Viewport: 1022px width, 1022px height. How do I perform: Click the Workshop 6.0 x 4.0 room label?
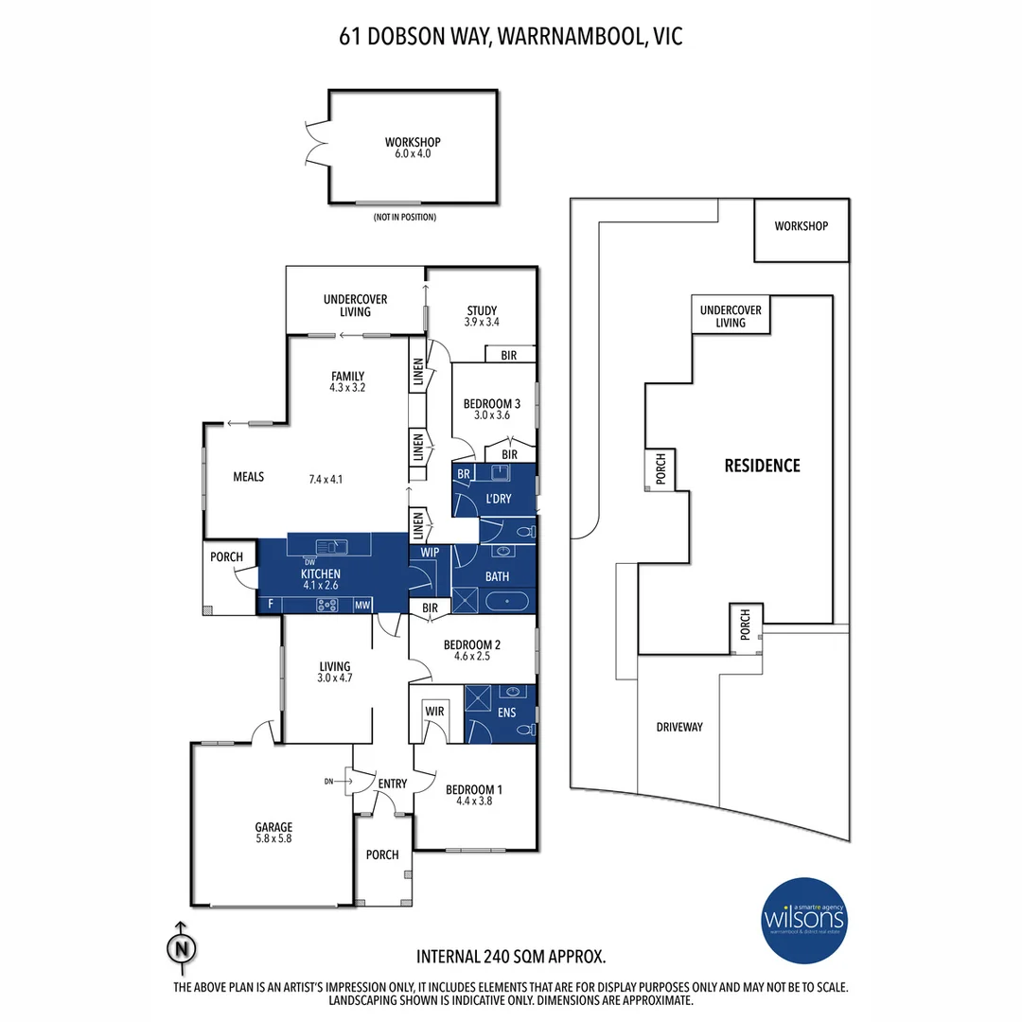tap(414, 147)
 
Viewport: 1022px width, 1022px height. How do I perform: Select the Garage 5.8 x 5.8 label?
tap(273, 832)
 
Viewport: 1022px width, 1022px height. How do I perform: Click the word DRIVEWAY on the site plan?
tap(679, 727)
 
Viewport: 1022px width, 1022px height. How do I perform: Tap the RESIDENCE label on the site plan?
tap(762, 466)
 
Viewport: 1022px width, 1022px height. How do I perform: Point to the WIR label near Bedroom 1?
tap(435, 709)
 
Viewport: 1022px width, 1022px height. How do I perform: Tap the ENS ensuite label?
tap(505, 713)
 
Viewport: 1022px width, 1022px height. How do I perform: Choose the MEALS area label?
tap(248, 477)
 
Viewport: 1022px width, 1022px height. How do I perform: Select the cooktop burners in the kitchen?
tap(327, 606)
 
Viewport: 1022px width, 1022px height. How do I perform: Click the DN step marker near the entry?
tap(329, 782)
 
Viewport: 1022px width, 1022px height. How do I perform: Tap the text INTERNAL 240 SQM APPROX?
tap(511, 956)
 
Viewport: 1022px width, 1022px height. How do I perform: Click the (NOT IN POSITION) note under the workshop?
tap(404, 218)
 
